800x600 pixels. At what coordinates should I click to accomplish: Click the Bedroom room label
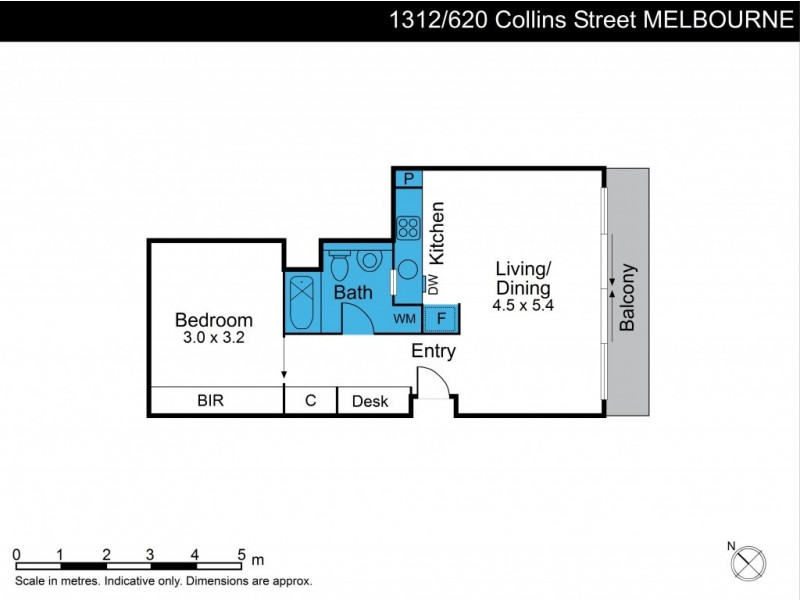(214, 320)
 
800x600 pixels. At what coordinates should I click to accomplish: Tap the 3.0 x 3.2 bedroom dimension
(214, 339)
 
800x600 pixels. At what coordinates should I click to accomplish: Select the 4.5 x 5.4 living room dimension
(523, 305)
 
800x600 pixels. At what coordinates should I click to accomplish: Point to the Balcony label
(628, 297)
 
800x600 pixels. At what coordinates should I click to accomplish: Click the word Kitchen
(437, 233)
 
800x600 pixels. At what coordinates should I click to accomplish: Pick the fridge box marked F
(441, 319)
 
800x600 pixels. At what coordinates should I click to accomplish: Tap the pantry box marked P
(408, 179)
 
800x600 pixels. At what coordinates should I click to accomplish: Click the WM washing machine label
(405, 319)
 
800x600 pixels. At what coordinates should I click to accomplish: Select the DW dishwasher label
(433, 285)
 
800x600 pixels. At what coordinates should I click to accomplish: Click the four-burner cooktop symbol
(408, 227)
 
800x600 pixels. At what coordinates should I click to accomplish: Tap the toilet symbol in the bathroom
(339, 266)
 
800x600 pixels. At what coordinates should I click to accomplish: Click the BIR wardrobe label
(210, 401)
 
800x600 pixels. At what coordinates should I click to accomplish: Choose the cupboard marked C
(310, 401)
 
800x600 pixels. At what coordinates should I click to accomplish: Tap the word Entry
(434, 351)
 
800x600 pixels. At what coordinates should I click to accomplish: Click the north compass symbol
(747, 563)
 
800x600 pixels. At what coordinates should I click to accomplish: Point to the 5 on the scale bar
(241, 552)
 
